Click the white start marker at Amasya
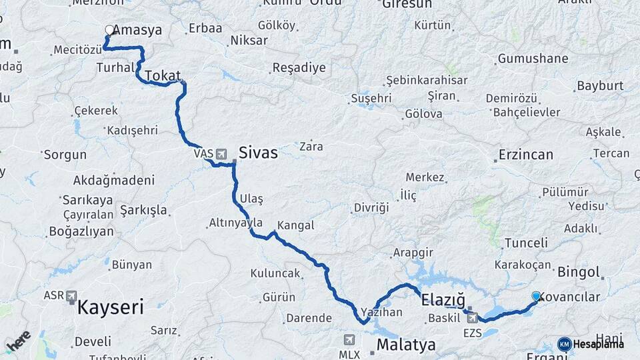pos(109,30)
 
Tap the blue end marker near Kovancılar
pos(536,296)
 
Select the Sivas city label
pos(257,153)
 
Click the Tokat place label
pos(162,75)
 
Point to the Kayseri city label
pos(111,307)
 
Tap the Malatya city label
pos(406,345)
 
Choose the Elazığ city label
pos(443,301)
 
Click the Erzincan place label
pos(526,155)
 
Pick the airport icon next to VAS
pos(221,154)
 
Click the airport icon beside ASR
pos(72,295)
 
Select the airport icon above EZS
pos(472,318)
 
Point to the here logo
pos(18,341)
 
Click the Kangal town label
pos(295,225)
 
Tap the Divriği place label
pos(371,207)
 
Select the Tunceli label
pos(526,243)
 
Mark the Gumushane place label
pos(533,59)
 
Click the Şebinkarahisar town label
pos(427,80)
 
